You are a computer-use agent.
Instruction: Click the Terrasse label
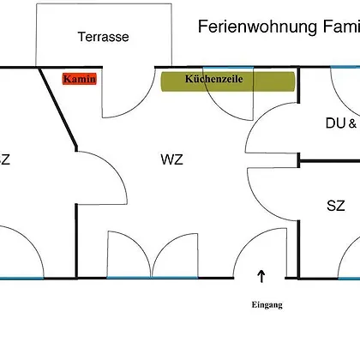[x=103, y=37]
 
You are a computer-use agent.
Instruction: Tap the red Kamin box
[x=80, y=79]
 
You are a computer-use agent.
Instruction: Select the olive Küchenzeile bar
[x=228, y=81]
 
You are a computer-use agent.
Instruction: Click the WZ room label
[x=171, y=159]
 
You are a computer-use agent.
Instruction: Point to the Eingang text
[x=267, y=305]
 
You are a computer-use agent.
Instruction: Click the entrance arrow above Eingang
[x=261, y=276]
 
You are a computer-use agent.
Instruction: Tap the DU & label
[x=341, y=123]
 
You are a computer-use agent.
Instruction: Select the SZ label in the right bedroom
[x=336, y=206]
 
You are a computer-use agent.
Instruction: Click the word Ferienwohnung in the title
[x=257, y=27]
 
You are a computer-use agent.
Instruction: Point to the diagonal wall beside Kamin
[x=58, y=107]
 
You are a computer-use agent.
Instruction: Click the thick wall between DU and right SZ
[x=329, y=161]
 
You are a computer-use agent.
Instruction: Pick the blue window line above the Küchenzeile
[x=228, y=68]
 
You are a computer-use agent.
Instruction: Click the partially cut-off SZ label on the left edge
[x=5, y=159]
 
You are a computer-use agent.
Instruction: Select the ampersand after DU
[x=352, y=123]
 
